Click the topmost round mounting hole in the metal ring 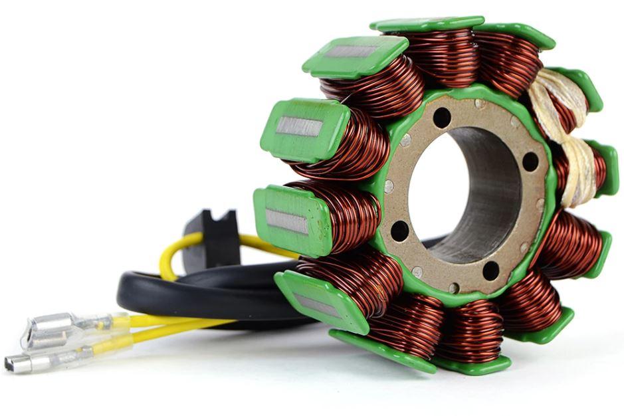[x=441, y=118]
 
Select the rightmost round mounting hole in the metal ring [x=530, y=161]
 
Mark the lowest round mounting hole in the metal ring [x=490, y=270]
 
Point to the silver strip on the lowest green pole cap [x=316, y=305]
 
